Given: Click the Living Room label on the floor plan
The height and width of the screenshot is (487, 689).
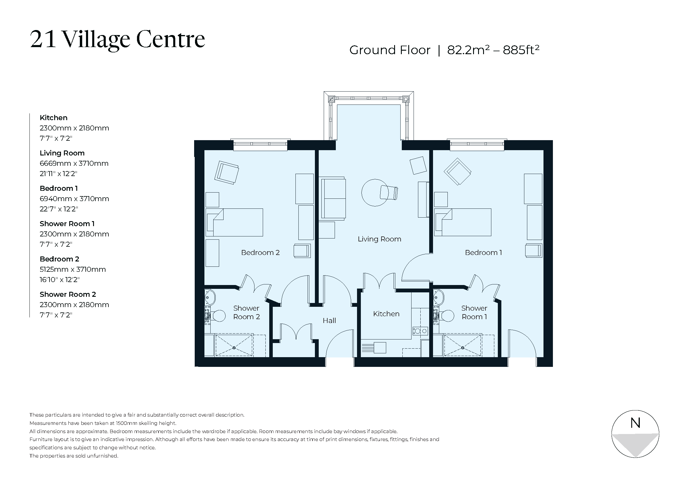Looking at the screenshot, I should (x=379, y=239).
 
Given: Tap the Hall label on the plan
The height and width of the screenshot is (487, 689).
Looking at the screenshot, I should (x=329, y=321).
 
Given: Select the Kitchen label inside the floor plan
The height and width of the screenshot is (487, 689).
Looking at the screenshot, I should (x=386, y=314).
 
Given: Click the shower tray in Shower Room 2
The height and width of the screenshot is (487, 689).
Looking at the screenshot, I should (x=234, y=345).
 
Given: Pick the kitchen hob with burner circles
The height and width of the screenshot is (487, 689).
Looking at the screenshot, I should (x=420, y=331).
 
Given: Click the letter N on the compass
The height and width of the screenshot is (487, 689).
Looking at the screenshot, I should (x=635, y=423).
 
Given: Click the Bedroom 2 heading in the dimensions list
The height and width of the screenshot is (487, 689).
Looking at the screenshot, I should (x=60, y=259).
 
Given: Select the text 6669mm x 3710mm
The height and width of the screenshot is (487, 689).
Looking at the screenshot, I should (x=74, y=163).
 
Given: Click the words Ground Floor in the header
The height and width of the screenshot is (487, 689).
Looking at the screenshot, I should (x=389, y=50).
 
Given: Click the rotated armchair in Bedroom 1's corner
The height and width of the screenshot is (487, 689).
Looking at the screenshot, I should (x=457, y=172).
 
